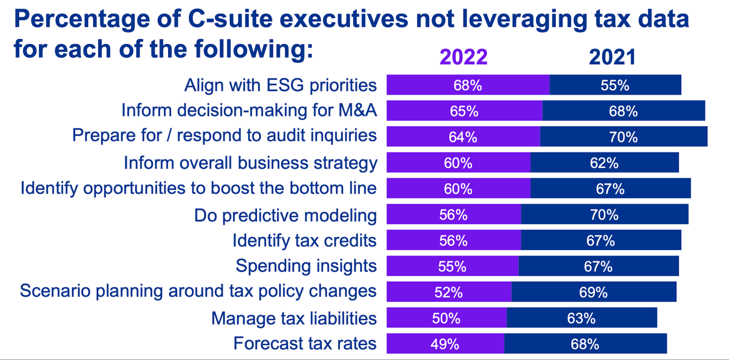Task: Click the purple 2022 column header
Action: click(x=464, y=57)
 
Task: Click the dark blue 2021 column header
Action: click(x=612, y=57)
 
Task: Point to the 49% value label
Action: click(x=445, y=344)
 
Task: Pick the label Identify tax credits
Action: click(x=304, y=241)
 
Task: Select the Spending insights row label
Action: click(x=306, y=266)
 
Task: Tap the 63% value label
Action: click(x=581, y=318)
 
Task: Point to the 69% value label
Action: click(x=593, y=292)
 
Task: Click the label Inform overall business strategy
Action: click(x=251, y=163)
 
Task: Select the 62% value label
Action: click(x=604, y=163)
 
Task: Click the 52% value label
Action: click(x=448, y=292)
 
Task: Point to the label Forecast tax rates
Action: click(x=305, y=344)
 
